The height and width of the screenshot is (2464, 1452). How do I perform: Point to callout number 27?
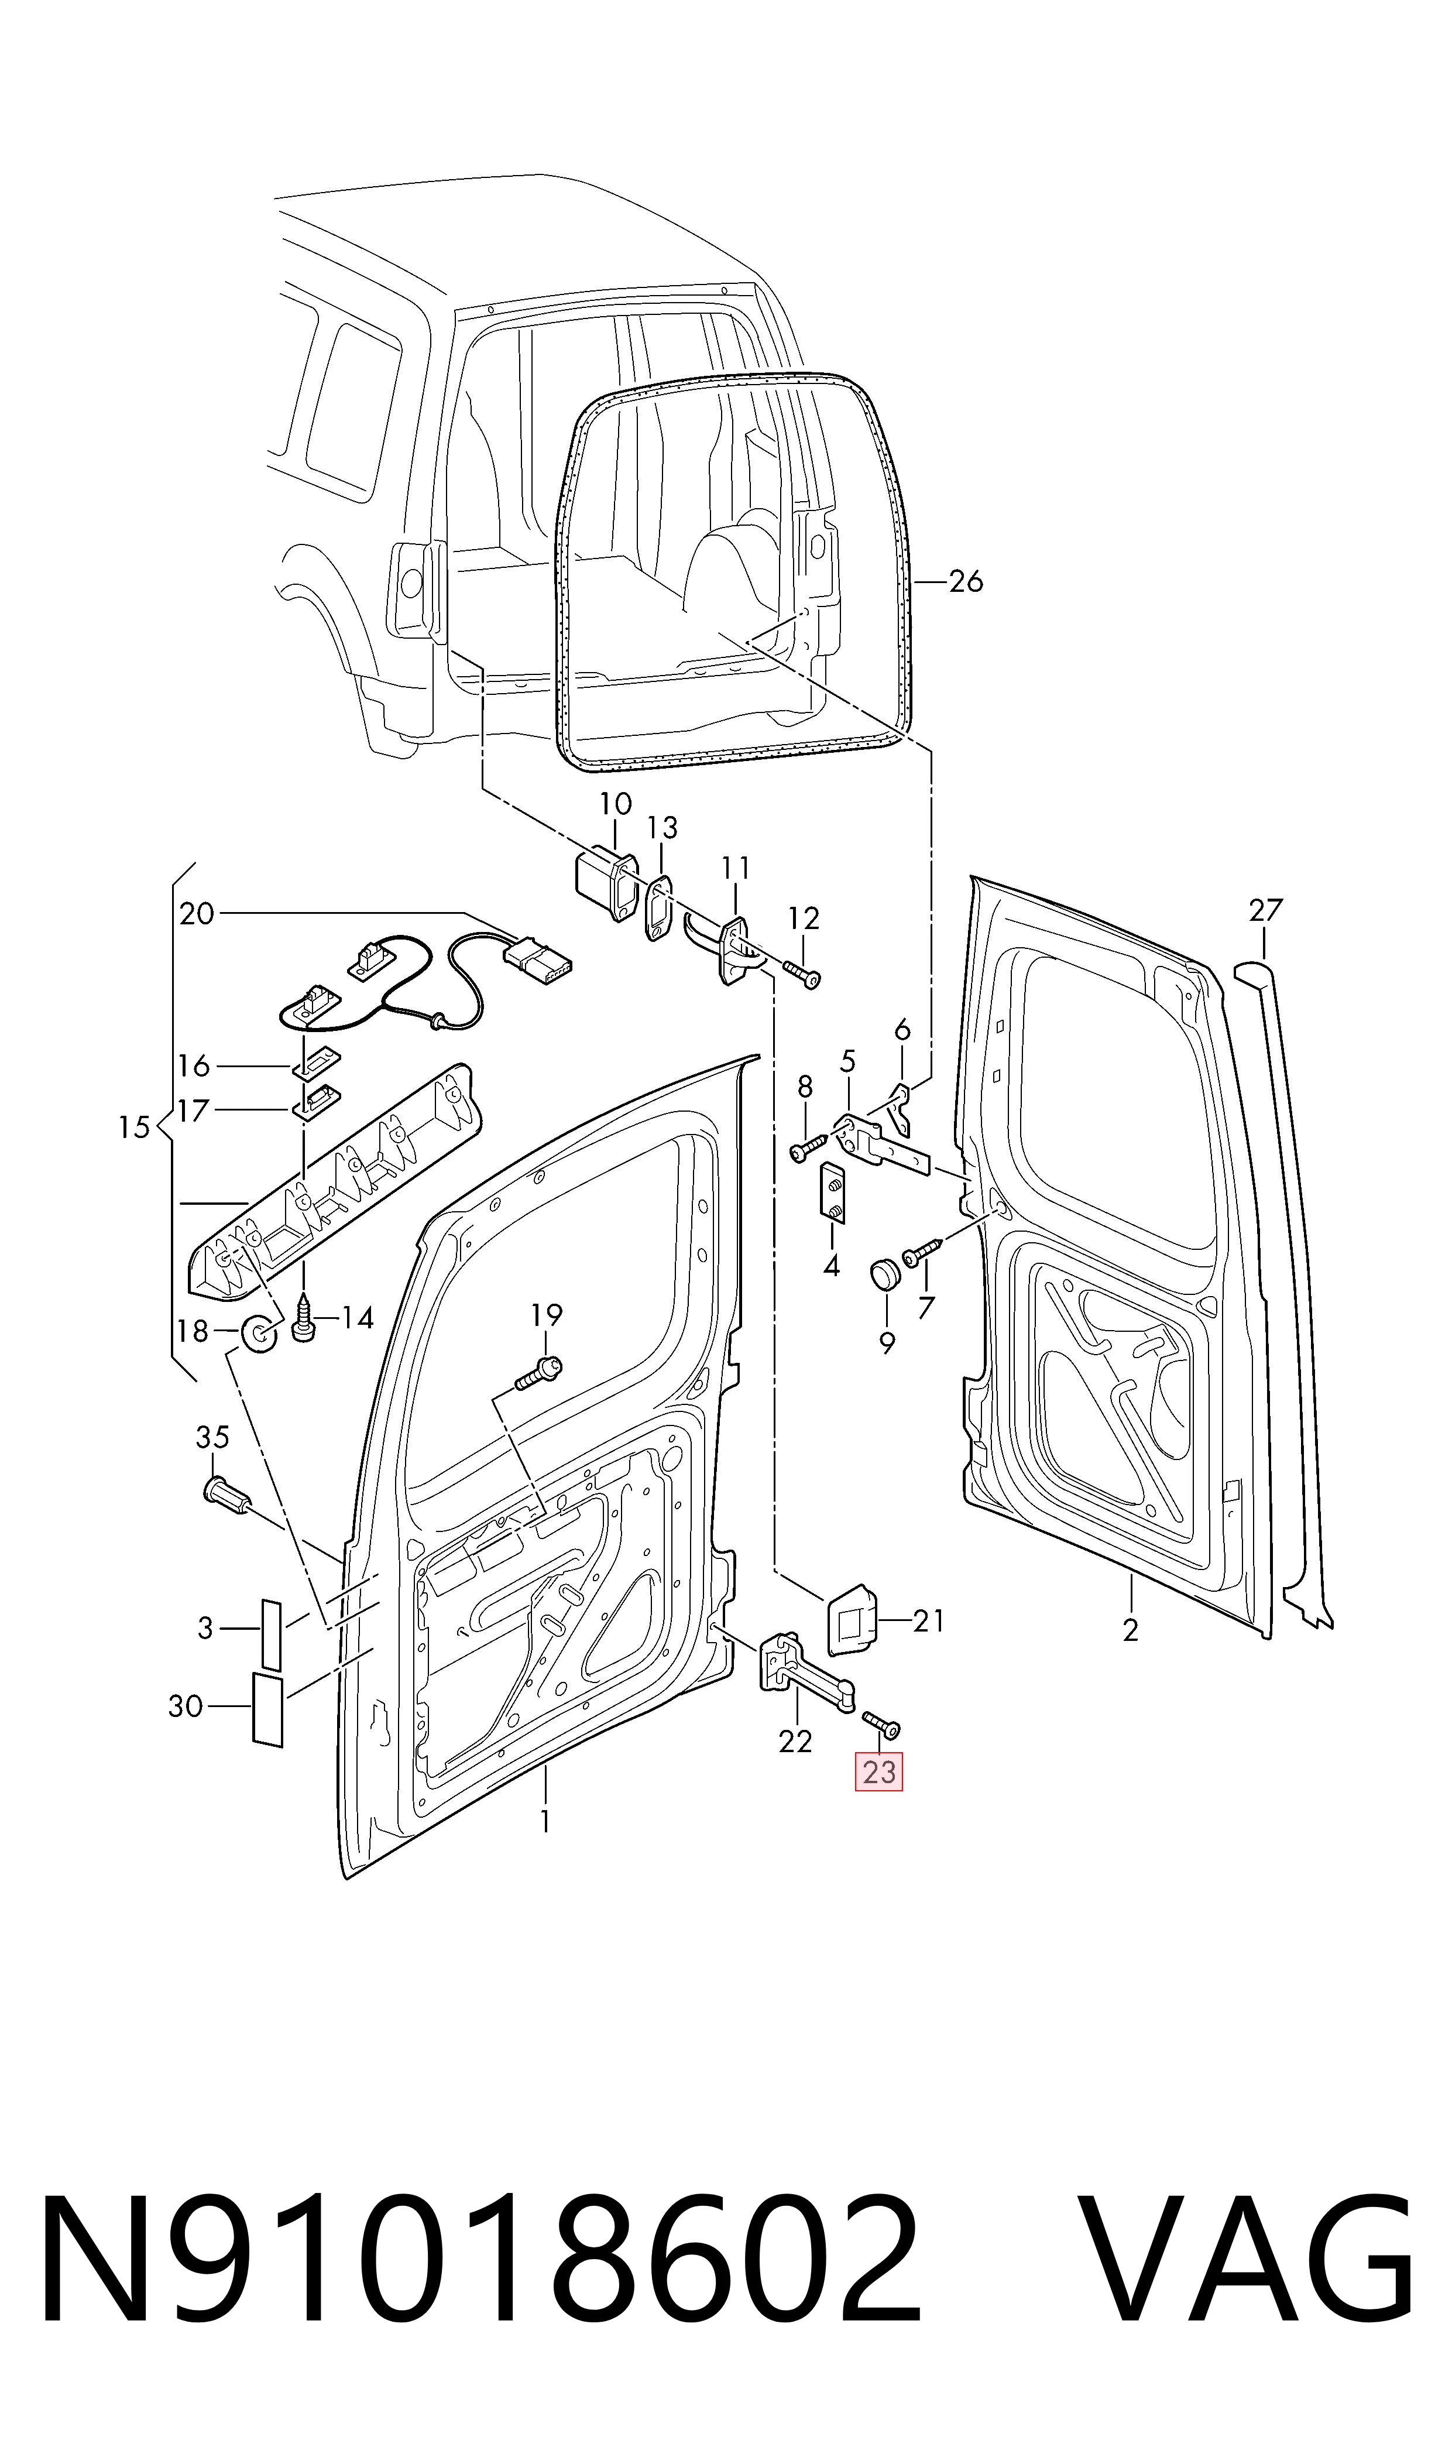pyautogui.click(x=1265, y=910)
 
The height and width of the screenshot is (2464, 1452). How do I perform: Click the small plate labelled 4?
pyautogui.click(x=832, y=1194)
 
